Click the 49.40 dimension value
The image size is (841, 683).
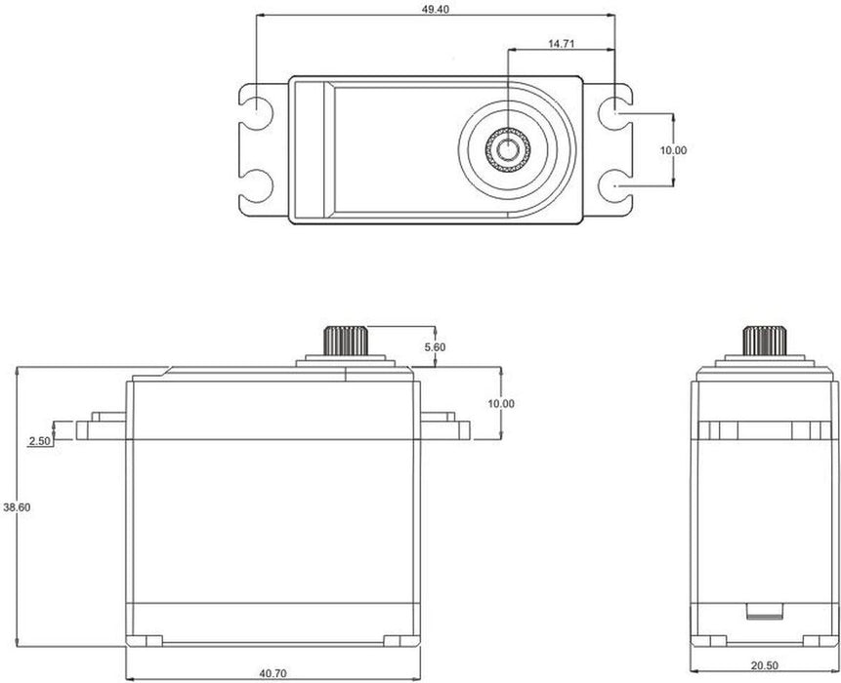click(435, 9)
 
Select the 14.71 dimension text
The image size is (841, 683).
click(561, 43)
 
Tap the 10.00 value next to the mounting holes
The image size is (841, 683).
click(673, 150)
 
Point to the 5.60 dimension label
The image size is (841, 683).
click(435, 347)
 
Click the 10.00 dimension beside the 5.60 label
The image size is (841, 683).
click(500, 403)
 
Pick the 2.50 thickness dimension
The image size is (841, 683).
click(40, 441)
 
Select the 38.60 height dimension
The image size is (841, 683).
click(17, 507)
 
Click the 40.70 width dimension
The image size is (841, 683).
click(273, 673)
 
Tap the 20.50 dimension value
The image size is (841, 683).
click(764, 665)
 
